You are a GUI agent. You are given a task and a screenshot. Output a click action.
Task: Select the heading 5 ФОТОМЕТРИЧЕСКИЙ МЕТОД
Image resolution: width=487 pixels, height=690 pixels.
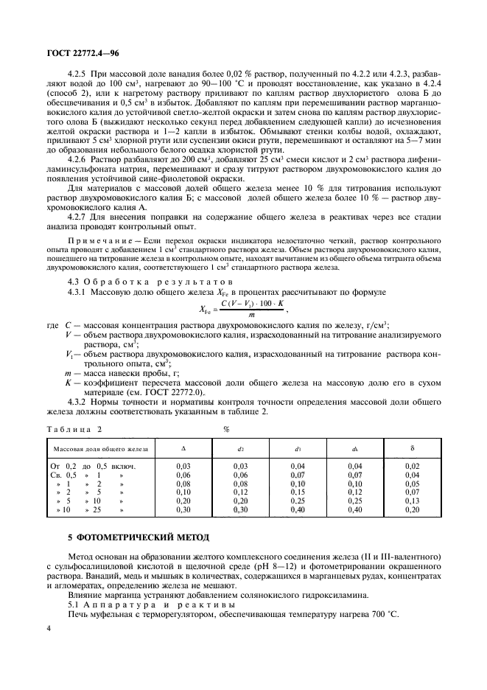(x=116, y=536)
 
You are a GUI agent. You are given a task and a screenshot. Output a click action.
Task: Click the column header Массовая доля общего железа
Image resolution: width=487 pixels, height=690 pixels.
(x=99, y=448)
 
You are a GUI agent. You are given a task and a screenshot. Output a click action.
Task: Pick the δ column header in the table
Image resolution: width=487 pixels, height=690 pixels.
(x=413, y=447)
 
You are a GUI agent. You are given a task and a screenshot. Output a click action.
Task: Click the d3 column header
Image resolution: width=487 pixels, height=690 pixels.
(x=298, y=448)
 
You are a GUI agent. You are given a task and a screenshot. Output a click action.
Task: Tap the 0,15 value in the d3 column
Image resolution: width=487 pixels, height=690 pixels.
(x=298, y=492)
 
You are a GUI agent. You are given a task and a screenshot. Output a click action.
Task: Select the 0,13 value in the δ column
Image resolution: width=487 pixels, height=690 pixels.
(x=413, y=501)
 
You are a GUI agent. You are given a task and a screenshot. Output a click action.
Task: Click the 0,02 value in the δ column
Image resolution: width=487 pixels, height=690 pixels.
(x=413, y=466)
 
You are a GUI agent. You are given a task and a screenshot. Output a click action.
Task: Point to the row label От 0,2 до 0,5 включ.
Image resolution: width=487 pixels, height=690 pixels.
(x=94, y=466)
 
